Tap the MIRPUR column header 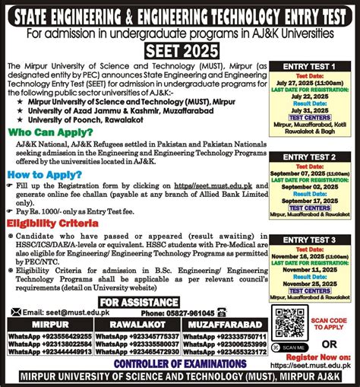[48, 325]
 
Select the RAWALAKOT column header [136, 325]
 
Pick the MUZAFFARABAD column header [224, 325]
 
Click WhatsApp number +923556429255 [48, 336]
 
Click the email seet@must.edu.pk [56, 312]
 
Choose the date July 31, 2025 [311, 110]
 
